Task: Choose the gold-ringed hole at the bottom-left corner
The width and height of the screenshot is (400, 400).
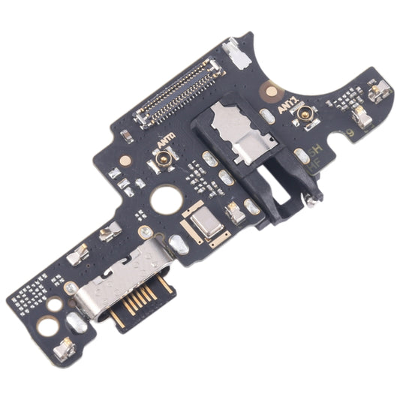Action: coord(47,326)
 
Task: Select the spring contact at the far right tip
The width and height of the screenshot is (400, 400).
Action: coord(382,91)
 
